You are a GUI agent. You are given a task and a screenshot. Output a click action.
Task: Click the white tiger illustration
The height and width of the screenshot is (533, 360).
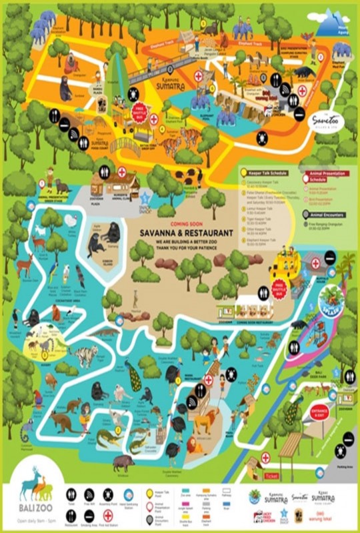[85, 356]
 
